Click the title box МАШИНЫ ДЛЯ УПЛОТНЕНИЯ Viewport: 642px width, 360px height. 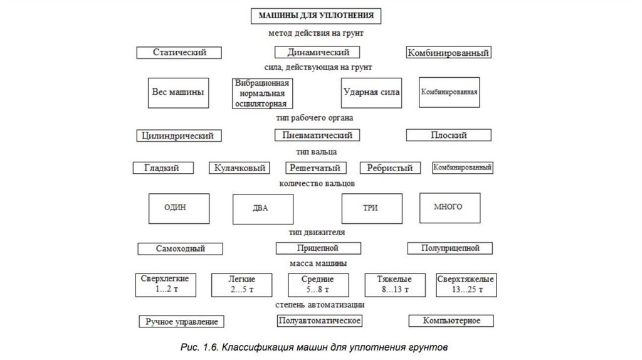click(317, 14)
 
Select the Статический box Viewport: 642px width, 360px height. click(180, 53)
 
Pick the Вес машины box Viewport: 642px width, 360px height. click(178, 92)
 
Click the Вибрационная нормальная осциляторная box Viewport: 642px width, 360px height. click(261, 93)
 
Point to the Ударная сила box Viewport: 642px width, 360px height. click(371, 92)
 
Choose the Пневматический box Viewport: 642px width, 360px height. click(317, 135)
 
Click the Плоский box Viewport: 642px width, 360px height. click(449, 135)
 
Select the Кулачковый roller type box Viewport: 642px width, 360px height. click(239, 168)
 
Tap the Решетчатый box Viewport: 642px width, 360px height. click(315, 168)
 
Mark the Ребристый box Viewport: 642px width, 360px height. click(390, 168)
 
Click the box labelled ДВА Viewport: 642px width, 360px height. click(261, 209)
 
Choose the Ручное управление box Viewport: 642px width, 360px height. click(182, 322)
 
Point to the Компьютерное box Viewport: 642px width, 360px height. click(452, 321)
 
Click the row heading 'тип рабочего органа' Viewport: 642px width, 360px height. click(315, 117)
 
